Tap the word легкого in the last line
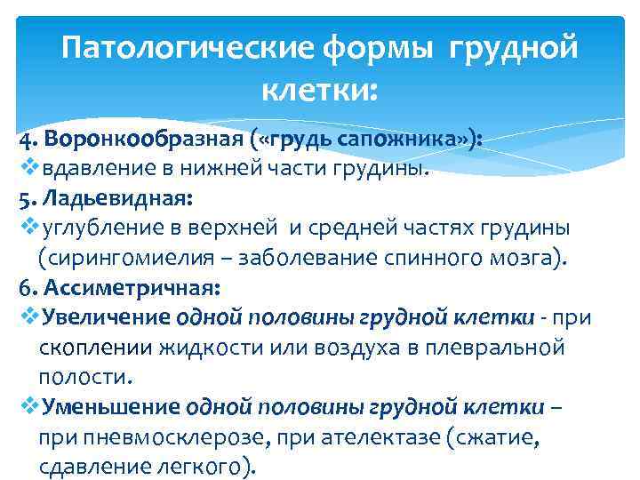[x=205, y=466]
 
